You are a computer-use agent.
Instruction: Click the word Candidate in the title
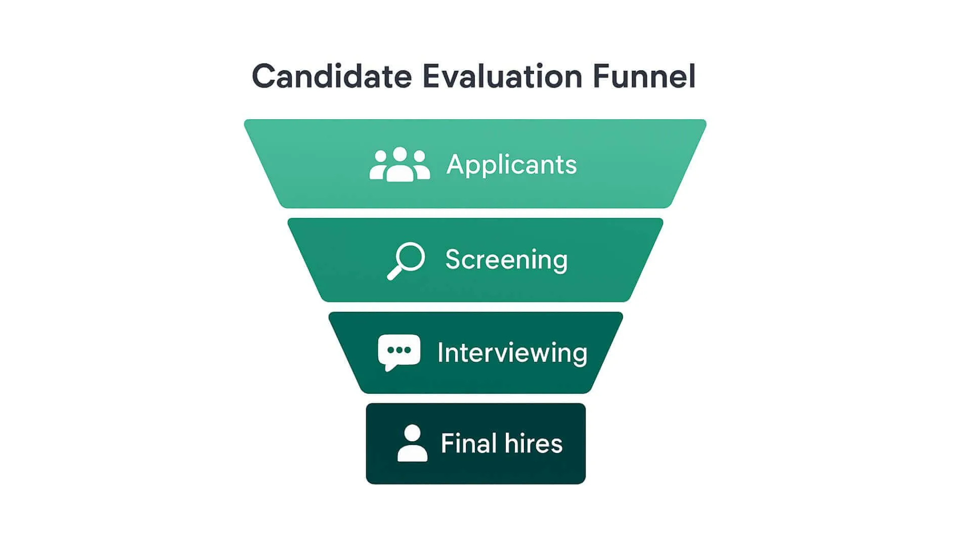pos(332,76)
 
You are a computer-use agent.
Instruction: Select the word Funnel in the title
pos(644,76)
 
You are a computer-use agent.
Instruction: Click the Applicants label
pos(511,165)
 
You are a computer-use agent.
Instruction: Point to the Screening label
pos(506,260)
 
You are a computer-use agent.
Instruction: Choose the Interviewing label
pos(512,353)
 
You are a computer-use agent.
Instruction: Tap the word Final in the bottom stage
pos(468,443)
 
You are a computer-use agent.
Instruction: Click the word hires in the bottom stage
pos(534,443)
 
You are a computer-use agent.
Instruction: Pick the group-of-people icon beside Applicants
pos(400,164)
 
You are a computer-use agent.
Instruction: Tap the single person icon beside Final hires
pos(412,443)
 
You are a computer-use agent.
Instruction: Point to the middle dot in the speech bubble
pos(399,350)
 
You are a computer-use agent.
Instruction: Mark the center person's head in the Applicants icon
pos(400,154)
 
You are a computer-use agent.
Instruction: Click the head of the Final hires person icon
pos(412,433)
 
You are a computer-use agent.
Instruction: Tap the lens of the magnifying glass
pos(410,257)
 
